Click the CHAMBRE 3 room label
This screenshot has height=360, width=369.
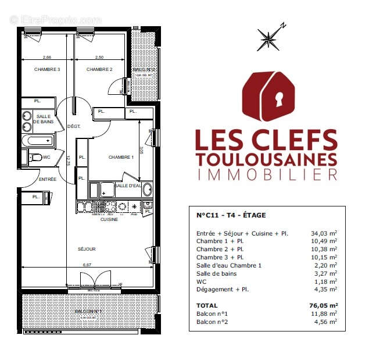[x=48, y=70]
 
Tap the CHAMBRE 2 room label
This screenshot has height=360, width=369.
[x=99, y=70]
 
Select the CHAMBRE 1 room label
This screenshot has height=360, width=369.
[x=121, y=157]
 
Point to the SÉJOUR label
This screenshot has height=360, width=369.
[x=87, y=249]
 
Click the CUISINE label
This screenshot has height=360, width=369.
[x=109, y=219]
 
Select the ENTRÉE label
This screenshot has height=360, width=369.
[x=48, y=179]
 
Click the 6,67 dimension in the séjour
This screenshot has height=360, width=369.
[x=87, y=265]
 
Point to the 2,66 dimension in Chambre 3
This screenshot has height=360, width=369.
[x=46, y=57]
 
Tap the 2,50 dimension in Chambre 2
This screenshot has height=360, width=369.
[x=99, y=57]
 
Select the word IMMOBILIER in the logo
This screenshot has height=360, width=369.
[x=267, y=174]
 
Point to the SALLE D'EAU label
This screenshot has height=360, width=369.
[x=128, y=185]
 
